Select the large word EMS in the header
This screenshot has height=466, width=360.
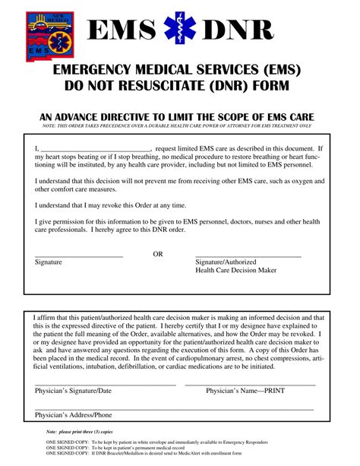pos(122,31)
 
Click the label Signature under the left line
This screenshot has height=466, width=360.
pos(49,262)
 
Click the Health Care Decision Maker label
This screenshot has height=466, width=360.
pos(236,270)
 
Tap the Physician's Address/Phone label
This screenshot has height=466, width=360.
pos(74,415)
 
